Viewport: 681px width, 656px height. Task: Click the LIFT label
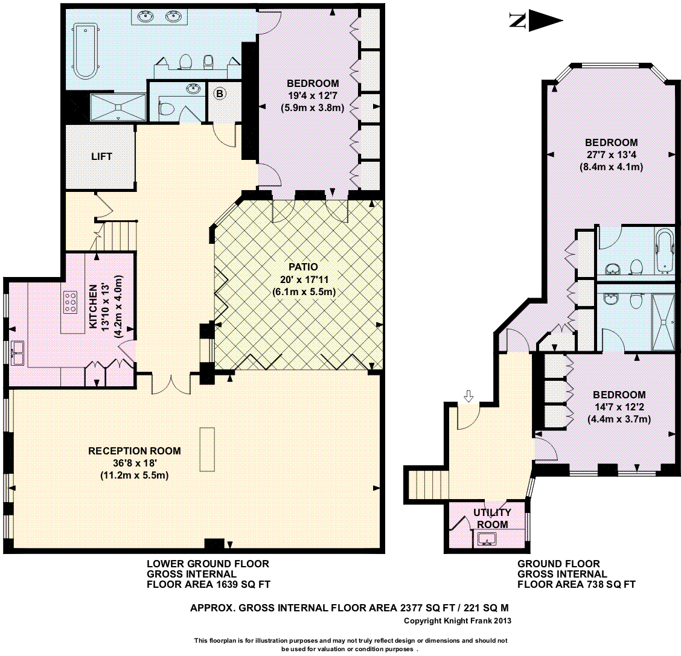pyautogui.click(x=101, y=156)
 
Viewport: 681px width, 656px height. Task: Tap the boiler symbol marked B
pyautogui.click(x=220, y=94)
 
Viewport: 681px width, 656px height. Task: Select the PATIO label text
pyautogui.click(x=303, y=267)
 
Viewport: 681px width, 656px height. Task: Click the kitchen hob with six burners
pyautogui.click(x=70, y=302)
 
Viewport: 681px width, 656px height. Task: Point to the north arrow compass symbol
pyautogui.click(x=536, y=21)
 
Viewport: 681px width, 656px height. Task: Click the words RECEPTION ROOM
pyautogui.click(x=135, y=451)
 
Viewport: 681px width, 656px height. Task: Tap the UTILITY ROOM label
pyautogui.click(x=493, y=518)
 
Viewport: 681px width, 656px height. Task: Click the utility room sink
pyautogui.click(x=487, y=540)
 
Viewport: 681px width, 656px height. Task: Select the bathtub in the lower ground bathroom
pyautogui.click(x=85, y=52)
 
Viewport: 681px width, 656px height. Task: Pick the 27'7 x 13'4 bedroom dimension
pyautogui.click(x=611, y=154)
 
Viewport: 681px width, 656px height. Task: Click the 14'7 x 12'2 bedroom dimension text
pyautogui.click(x=619, y=407)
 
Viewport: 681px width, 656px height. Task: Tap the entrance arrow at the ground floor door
pyautogui.click(x=468, y=395)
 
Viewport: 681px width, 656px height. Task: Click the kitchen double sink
pyautogui.click(x=18, y=352)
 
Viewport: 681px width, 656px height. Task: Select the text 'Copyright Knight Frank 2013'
pyautogui.click(x=458, y=621)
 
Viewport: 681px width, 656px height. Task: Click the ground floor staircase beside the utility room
pyautogui.click(x=426, y=485)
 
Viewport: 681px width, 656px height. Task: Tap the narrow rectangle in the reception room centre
pyautogui.click(x=207, y=450)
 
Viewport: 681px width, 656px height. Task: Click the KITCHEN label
pyautogui.click(x=94, y=307)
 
